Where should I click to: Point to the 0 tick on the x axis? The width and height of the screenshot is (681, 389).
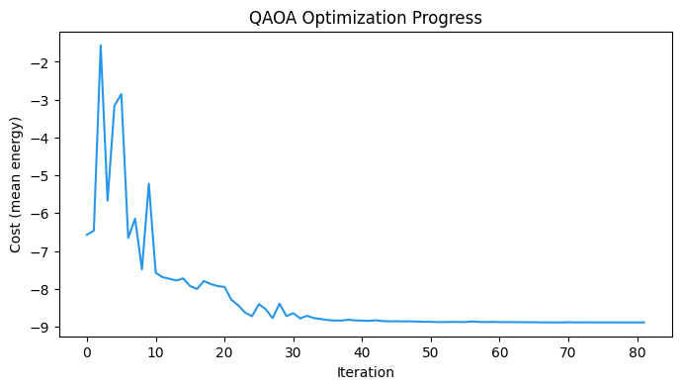[x=87, y=351]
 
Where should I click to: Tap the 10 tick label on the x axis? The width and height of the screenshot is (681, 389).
[x=155, y=351]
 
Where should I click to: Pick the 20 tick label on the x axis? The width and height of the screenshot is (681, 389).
[x=224, y=351]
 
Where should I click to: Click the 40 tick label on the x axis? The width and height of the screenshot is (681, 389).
[x=363, y=351]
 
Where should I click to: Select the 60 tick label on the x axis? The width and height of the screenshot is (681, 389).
[x=500, y=351]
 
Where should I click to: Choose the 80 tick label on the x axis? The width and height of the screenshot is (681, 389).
[x=638, y=351]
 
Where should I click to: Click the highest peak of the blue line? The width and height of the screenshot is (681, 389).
[x=101, y=46]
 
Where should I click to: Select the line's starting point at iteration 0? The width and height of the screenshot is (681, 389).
[x=87, y=235]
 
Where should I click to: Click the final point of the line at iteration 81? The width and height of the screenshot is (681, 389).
[x=644, y=322]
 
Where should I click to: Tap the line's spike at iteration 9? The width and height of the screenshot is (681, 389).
[x=148, y=183]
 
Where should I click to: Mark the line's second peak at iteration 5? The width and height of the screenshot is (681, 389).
[x=122, y=94]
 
